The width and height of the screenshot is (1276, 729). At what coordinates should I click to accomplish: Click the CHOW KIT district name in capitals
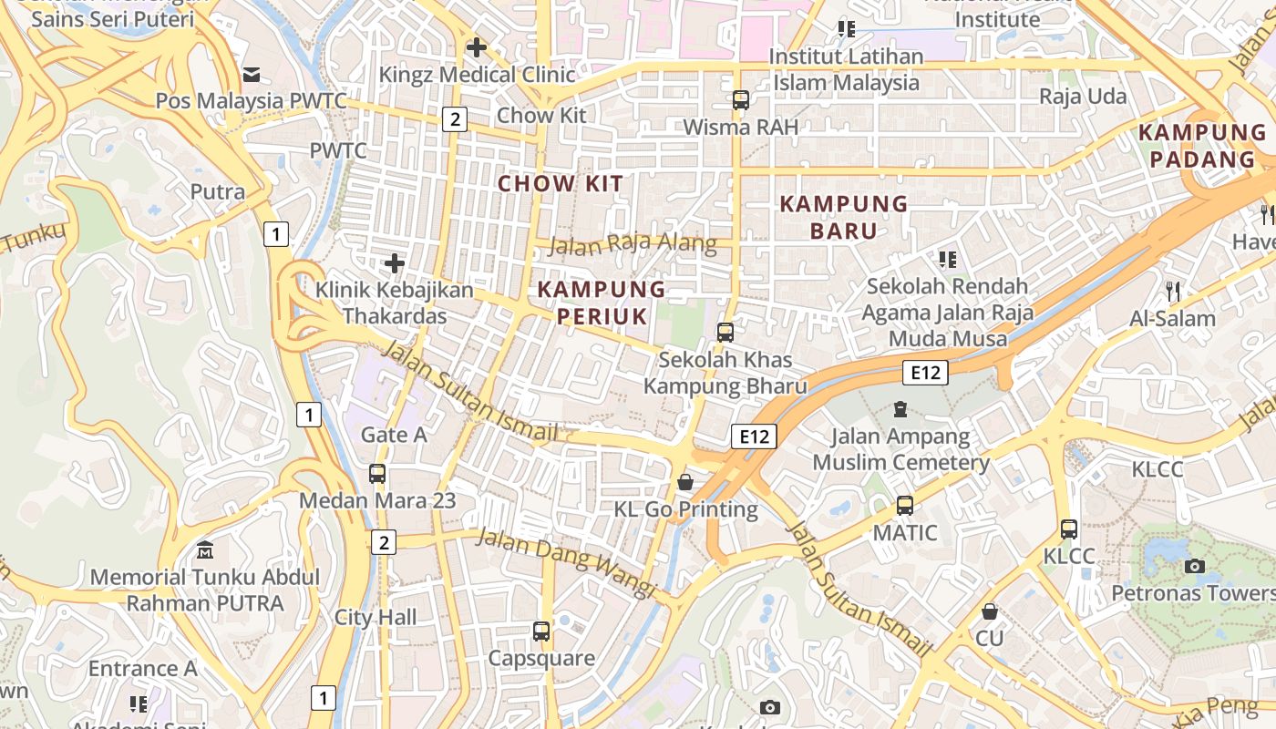coord(561,183)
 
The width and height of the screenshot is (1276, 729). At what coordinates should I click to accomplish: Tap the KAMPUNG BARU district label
coord(844,217)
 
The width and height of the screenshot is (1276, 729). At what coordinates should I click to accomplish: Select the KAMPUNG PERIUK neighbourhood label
coord(602,303)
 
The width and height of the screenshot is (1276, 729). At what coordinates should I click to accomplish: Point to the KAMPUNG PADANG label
coord(1202,146)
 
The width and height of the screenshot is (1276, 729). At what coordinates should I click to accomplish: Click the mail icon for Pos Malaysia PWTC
coord(251,74)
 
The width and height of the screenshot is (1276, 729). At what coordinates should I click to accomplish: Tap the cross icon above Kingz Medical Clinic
coord(476,47)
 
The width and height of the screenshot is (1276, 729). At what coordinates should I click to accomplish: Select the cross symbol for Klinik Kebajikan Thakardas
coord(395,264)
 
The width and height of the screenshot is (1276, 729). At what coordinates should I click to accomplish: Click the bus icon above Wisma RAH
coord(741,100)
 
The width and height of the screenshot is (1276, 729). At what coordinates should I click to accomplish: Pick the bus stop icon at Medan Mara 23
coord(377,474)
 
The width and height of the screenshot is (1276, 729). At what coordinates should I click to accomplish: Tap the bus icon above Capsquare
coord(541,631)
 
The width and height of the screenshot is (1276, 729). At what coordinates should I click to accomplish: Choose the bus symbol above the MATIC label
coord(905,506)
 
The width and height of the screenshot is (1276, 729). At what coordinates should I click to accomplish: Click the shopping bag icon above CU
coord(990,611)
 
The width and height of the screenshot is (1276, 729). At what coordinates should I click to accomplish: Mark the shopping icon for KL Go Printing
coord(685,482)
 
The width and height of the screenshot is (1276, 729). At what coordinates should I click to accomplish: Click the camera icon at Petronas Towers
coord(1195,566)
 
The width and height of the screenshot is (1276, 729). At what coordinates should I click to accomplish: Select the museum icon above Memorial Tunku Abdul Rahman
coord(205,550)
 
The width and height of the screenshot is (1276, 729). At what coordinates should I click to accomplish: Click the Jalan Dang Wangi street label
coord(566,562)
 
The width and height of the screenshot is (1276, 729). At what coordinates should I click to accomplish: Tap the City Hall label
coord(376,617)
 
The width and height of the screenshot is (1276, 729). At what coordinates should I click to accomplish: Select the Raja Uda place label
coord(1083,97)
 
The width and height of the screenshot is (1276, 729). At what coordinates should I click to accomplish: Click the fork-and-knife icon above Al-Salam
coord(1173,292)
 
